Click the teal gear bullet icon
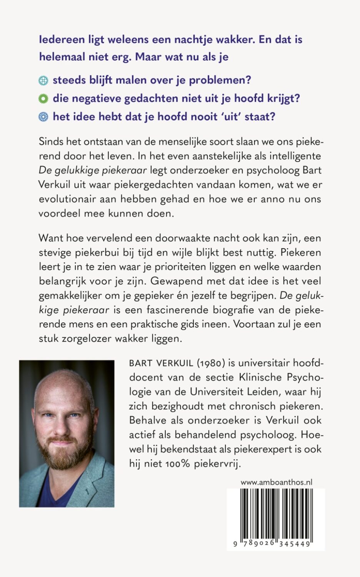pos(43,80)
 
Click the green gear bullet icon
pos(43,98)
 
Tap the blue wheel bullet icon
pos(43,117)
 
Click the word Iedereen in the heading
pos(62,40)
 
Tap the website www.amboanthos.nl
pos(276,482)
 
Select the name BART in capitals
pos(141,363)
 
